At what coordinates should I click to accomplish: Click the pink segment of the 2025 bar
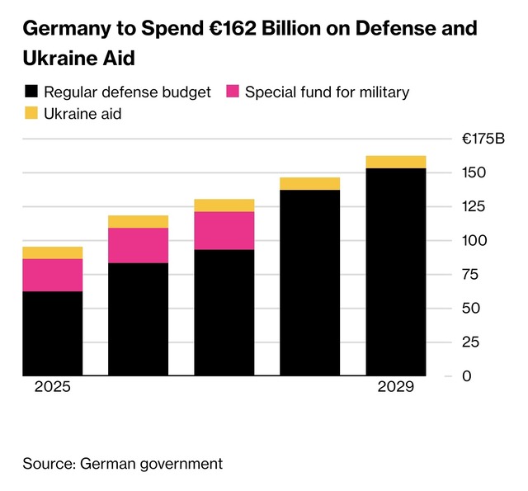[x=52, y=275]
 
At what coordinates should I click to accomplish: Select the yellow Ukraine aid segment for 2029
[x=396, y=162]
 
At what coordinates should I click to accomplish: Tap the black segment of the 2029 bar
[x=396, y=272]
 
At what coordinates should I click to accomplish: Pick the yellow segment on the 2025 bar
[x=52, y=253]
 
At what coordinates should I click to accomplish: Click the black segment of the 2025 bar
[x=52, y=333]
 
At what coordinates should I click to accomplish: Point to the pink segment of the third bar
[x=224, y=230]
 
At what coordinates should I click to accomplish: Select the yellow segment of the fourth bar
[x=310, y=183]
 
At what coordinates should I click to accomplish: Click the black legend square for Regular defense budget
[x=31, y=92]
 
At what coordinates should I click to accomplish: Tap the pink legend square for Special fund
[x=232, y=92]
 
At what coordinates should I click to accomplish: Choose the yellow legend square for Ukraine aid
[x=31, y=114]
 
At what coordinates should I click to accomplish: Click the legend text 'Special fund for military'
[x=327, y=92]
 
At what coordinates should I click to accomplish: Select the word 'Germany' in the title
[x=64, y=29]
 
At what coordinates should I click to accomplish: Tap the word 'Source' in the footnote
[x=47, y=464]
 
